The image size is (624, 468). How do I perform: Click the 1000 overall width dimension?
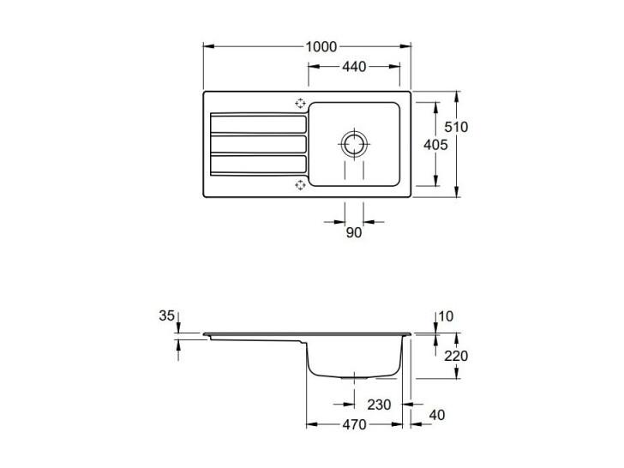(x=321, y=47)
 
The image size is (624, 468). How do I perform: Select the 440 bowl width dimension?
(x=354, y=67)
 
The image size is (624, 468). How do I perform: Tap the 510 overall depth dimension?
(x=456, y=128)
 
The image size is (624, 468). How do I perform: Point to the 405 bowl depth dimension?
(x=435, y=145)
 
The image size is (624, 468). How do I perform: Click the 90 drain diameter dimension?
(x=353, y=233)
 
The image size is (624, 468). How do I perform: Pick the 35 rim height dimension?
(x=167, y=315)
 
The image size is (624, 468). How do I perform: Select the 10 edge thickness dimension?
(x=446, y=316)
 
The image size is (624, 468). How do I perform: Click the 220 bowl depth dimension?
(x=456, y=356)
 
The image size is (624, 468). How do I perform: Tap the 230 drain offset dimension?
(x=379, y=405)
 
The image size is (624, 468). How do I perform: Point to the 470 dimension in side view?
(x=354, y=424)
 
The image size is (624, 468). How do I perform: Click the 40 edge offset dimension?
(x=437, y=415)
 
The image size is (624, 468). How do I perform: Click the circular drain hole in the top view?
(x=353, y=144)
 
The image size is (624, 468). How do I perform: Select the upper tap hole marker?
(x=300, y=104)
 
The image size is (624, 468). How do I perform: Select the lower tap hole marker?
(x=300, y=184)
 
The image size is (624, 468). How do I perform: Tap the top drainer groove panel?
(x=258, y=124)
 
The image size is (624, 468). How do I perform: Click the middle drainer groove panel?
(x=258, y=145)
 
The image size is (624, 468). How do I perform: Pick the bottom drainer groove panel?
(x=258, y=165)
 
